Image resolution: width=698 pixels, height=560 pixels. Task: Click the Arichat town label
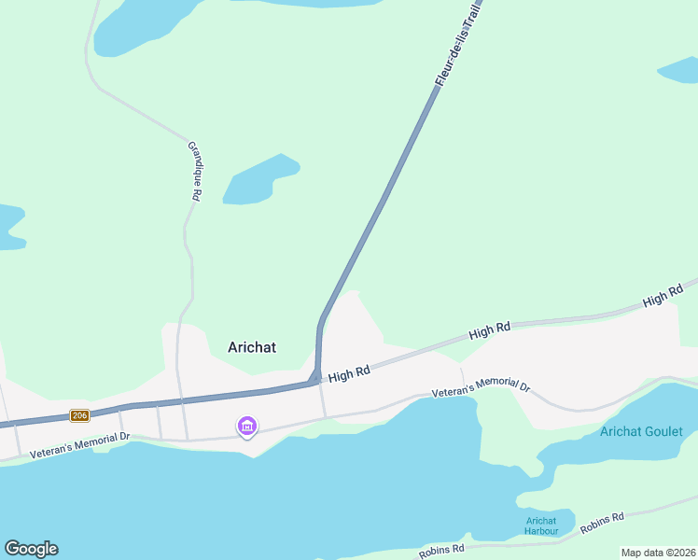(x=252, y=347)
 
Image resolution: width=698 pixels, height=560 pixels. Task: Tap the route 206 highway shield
(x=79, y=415)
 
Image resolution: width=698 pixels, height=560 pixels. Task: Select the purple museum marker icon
(x=247, y=427)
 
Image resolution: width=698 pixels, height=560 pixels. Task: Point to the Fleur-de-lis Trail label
(x=457, y=45)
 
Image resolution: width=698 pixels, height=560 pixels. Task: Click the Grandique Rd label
(x=195, y=172)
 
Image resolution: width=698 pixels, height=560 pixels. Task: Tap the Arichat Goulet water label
(x=642, y=431)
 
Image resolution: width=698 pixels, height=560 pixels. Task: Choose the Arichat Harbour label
(x=540, y=525)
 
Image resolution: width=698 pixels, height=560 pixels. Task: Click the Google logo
(x=31, y=549)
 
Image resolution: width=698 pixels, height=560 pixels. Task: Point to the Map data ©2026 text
(x=657, y=553)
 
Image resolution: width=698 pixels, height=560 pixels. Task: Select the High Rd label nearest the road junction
(x=350, y=372)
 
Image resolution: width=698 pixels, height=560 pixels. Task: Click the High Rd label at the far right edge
(x=663, y=298)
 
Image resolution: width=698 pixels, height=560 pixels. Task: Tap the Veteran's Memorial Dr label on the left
(x=79, y=444)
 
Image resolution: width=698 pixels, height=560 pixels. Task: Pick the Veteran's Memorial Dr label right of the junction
(x=481, y=387)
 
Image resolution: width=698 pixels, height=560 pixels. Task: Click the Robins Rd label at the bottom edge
(x=443, y=551)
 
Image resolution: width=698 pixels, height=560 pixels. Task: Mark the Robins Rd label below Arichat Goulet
(x=602, y=522)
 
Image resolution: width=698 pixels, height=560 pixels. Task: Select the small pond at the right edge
(x=679, y=70)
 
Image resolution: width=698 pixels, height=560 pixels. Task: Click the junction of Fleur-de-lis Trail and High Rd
(x=314, y=380)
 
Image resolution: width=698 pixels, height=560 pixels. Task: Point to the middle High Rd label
(x=490, y=330)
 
